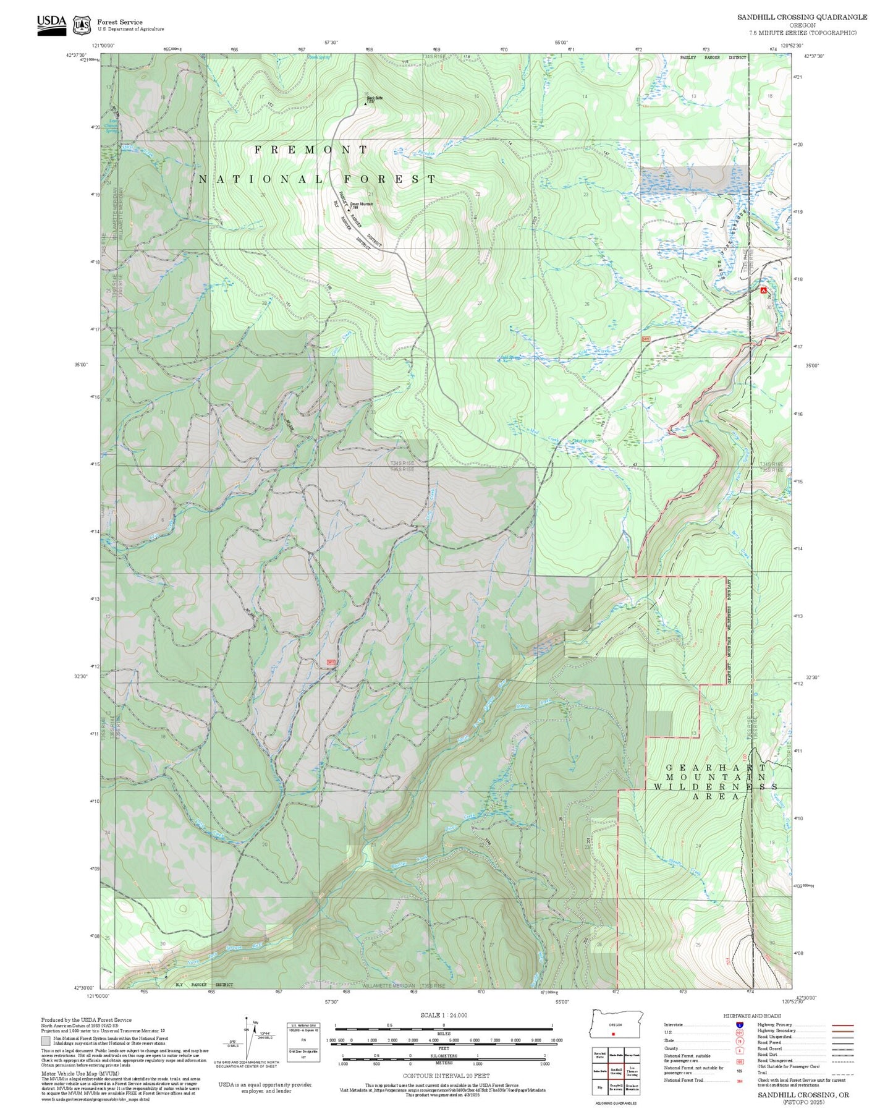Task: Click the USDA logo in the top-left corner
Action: [x=51, y=25]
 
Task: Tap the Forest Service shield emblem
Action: [x=82, y=25]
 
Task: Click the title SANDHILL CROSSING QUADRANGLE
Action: [x=802, y=17]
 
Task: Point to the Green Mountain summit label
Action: [x=361, y=205]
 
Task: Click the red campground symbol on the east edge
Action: [x=763, y=289]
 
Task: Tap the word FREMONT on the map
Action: [x=311, y=150]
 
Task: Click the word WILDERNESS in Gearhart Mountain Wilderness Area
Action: [x=715, y=786]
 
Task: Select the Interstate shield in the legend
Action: [x=739, y=1024]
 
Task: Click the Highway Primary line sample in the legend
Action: [x=842, y=1025]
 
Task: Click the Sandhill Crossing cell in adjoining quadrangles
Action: [x=616, y=1071]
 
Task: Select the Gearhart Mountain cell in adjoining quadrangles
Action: [x=632, y=1087]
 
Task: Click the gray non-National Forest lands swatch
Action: [x=46, y=1041]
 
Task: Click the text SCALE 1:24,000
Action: [x=443, y=1015]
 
